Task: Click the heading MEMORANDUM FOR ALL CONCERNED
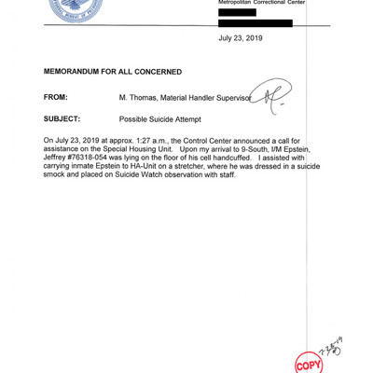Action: click(x=112, y=72)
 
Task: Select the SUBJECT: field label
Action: click(x=62, y=119)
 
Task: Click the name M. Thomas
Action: click(x=138, y=97)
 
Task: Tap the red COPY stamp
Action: click(x=307, y=362)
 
